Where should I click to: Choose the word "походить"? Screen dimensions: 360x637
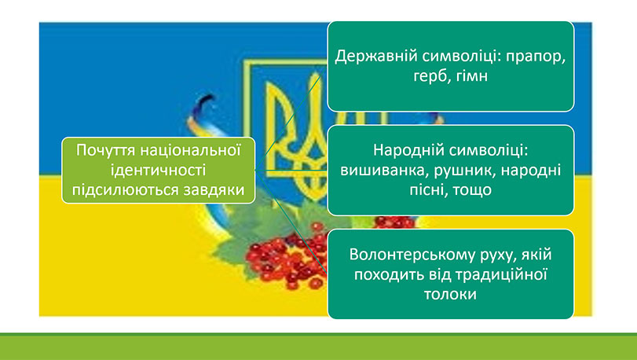tap(386, 274)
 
